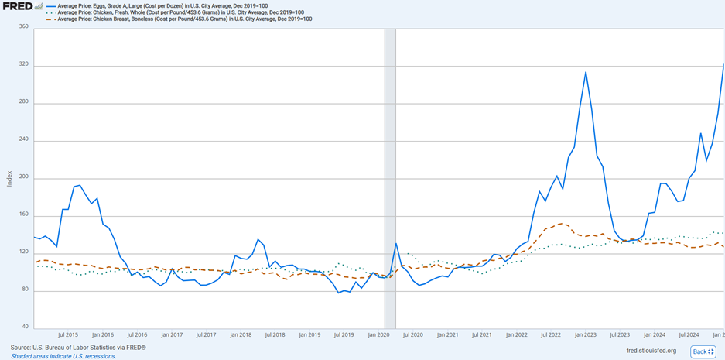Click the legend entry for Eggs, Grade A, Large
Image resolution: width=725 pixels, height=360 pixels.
tap(162, 6)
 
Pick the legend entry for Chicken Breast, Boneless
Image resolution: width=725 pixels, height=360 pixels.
tap(185, 19)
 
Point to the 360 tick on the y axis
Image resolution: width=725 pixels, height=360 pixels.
tap(22, 27)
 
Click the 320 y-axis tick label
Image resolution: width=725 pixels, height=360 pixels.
tap(22, 65)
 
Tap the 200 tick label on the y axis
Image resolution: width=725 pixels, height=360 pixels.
tap(22, 178)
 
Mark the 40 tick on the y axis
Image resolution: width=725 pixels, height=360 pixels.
tap(24, 327)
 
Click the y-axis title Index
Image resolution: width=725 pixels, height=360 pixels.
tap(9, 178)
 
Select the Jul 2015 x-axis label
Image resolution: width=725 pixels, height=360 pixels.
tap(68, 334)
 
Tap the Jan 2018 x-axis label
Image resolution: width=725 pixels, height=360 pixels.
tap(241, 334)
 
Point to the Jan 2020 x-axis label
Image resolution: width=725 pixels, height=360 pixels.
tap(379, 334)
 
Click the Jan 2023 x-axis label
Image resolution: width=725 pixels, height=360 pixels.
tap(585, 334)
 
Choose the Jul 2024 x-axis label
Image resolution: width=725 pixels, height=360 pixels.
tap(689, 334)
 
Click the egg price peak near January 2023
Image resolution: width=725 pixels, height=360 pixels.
tap(586, 72)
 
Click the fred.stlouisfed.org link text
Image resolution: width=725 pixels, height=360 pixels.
tap(651, 351)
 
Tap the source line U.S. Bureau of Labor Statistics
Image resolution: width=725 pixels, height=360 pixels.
tap(78, 348)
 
